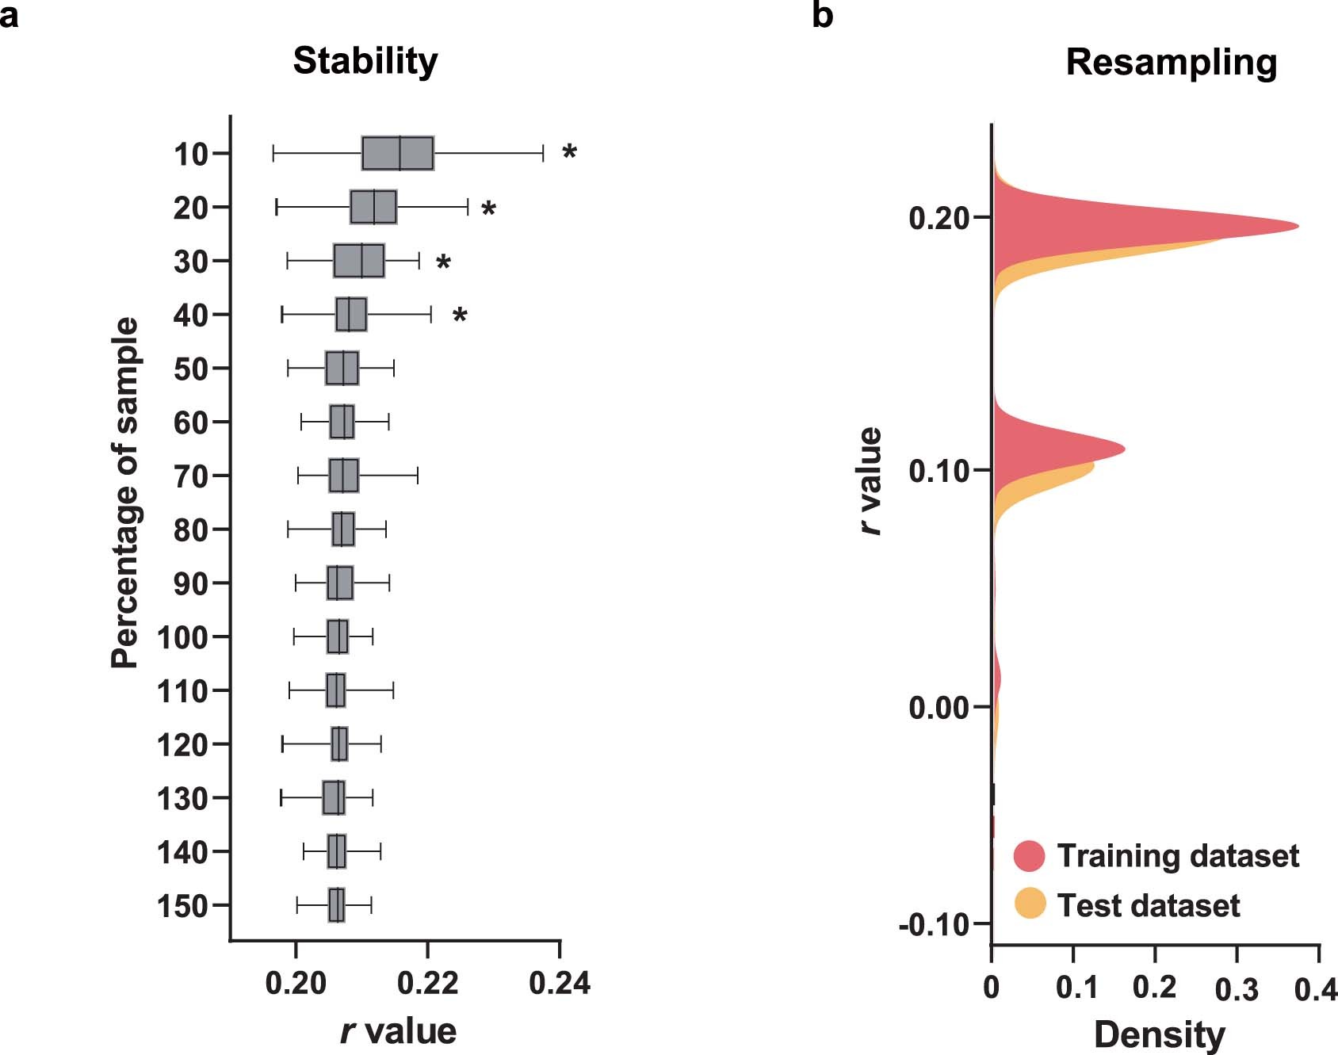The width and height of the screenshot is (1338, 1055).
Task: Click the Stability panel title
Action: pos(365,61)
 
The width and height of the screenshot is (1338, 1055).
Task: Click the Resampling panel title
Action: pos(1171,63)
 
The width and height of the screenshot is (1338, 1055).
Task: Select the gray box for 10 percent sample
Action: pos(397,153)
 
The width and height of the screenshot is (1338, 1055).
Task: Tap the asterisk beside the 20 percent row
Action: pos(488,210)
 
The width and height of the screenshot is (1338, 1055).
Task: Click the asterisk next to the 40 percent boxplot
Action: pos(460,317)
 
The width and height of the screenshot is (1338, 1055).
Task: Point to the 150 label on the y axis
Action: pos(182,906)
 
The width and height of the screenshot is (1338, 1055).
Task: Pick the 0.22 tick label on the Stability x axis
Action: pos(427,984)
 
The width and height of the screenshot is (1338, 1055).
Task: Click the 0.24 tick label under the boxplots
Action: pos(560,984)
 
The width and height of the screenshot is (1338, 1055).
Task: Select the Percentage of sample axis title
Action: pos(125,493)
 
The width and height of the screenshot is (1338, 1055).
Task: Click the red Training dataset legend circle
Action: pos(1030,856)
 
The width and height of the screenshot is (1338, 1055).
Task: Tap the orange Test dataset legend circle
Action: pos(1030,904)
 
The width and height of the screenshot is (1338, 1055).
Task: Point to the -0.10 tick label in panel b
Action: pos(934,924)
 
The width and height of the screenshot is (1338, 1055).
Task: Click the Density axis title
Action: pos(1159,1034)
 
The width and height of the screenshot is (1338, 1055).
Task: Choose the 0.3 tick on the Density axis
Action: pos(1237,988)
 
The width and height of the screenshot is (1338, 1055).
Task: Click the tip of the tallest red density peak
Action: pos(1297,226)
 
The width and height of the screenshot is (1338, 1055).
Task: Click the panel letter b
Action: pos(822,15)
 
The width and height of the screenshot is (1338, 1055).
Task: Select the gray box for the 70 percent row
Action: pos(343,476)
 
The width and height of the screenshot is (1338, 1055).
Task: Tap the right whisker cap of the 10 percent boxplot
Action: pos(543,153)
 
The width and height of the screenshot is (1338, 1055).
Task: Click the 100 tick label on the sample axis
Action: pos(182,637)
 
